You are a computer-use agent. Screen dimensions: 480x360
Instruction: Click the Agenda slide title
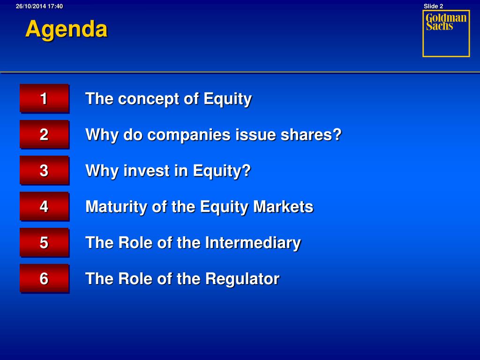(x=67, y=30)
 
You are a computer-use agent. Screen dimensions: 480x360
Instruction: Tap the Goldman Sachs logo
(x=446, y=34)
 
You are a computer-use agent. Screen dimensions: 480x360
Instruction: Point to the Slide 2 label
(x=433, y=6)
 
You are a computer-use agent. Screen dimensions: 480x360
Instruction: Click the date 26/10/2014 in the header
(x=31, y=6)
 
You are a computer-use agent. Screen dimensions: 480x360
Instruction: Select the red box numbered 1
(x=45, y=98)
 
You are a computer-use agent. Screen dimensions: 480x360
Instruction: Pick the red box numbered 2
(x=45, y=135)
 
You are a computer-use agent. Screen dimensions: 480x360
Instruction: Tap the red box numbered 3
(x=45, y=171)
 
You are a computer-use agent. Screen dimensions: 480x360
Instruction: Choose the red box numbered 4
(x=45, y=207)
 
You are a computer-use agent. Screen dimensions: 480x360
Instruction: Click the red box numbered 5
(x=45, y=242)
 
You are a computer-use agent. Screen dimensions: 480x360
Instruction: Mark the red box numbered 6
(x=45, y=278)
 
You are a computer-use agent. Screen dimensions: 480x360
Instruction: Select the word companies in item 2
(x=189, y=135)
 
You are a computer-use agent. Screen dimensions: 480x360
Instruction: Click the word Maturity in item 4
(x=117, y=207)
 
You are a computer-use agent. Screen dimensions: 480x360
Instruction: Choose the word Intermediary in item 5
(x=253, y=243)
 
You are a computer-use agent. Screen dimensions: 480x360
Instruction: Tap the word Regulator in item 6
(x=242, y=279)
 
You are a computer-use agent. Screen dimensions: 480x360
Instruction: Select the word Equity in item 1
(x=227, y=99)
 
